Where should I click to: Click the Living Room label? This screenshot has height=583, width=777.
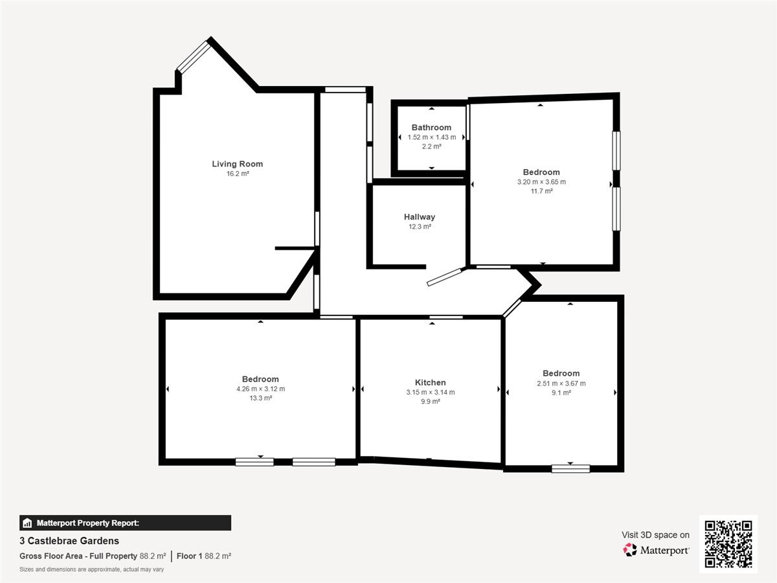pos(237,164)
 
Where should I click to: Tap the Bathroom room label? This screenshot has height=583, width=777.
pos(431,128)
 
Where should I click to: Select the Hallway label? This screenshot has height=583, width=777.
pos(420,217)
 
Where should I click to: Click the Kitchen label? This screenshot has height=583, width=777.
pos(430,383)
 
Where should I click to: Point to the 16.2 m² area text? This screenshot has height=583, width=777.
pos(238,174)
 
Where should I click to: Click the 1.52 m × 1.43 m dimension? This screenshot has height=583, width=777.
pos(431,137)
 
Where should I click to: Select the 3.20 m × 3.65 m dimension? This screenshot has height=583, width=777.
pos(541,182)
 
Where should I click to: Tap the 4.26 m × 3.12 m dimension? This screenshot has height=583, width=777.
pos(260,389)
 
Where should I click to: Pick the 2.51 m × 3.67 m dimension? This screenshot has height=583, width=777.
pos(561,383)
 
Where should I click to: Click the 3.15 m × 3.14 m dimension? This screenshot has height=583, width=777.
pos(431,392)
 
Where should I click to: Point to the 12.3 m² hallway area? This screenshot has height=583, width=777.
pos(420,227)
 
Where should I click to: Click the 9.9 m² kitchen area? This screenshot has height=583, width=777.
pos(431,402)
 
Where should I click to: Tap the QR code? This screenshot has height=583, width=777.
pos(728,543)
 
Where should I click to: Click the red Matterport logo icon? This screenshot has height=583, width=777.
pos(630,550)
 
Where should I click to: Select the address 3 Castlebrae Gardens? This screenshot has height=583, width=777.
pos(69,541)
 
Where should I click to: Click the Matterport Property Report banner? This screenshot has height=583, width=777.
pos(126,523)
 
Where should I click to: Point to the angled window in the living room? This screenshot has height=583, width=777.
pos(193,56)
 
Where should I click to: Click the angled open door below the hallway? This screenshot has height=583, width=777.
pos(445,277)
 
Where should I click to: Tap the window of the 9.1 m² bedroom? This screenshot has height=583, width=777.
pos(570,468)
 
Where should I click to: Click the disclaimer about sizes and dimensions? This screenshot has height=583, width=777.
pos(92,569)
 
